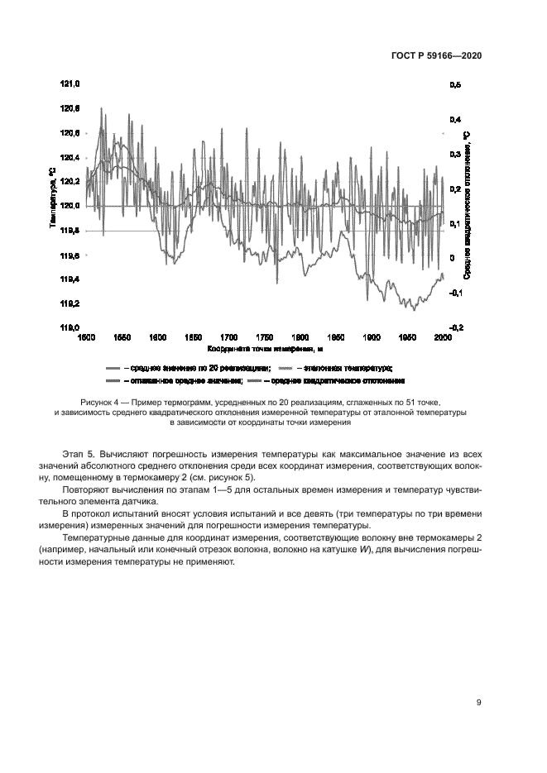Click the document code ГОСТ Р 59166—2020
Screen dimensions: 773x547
(x=436, y=55)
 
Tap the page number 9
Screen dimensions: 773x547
(x=479, y=704)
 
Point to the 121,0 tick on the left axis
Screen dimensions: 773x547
(x=70, y=84)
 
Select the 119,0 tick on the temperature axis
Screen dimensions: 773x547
(x=70, y=327)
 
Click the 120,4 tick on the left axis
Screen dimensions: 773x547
(x=70, y=157)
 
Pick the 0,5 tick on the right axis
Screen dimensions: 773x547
(x=455, y=84)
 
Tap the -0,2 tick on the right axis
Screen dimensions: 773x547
(x=456, y=327)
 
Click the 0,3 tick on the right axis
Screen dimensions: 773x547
(x=455, y=154)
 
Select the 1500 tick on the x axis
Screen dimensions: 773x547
(x=85, y=337)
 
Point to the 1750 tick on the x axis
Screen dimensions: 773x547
(x=265, y=337)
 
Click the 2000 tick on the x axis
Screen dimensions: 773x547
(x=444, y=337)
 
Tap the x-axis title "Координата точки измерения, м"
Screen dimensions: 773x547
(x=264, y=349)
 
